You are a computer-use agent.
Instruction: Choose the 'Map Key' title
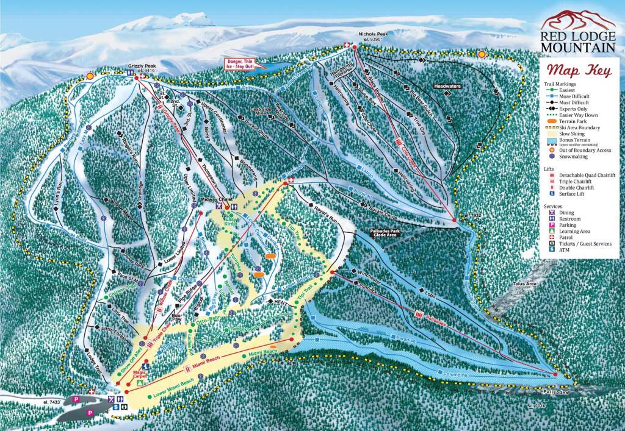coord(578,70)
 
